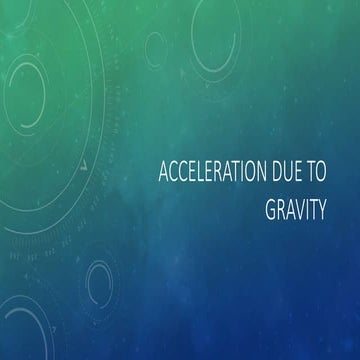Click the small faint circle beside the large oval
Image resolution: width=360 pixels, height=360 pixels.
(x=155, y=45)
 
